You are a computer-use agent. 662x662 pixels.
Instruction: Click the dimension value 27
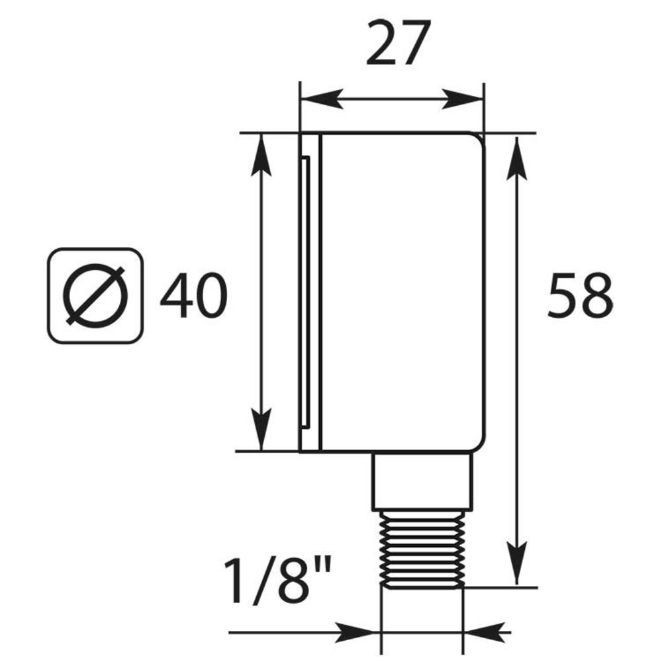[x=399, y=43]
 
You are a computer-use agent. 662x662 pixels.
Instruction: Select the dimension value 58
[x=579, y=295]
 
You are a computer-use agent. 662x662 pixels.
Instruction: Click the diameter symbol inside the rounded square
[x=95, y=295]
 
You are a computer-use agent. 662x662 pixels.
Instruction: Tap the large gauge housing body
[x=401, y=291]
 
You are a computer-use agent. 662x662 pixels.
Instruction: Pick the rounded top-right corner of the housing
[x=478, y=140]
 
